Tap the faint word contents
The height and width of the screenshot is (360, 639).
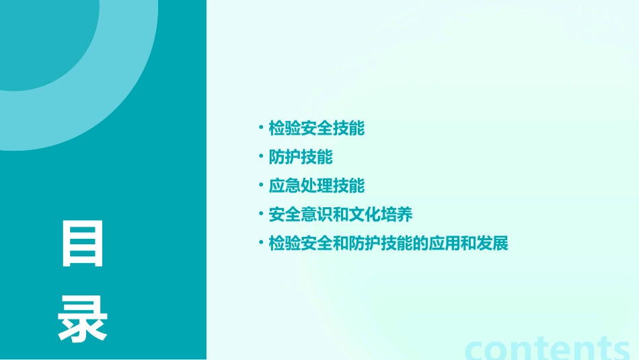[546, 349]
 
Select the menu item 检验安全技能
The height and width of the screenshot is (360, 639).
[316, 129]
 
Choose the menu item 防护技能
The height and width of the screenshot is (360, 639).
[301, 157]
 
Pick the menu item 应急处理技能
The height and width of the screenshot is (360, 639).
[316, 186]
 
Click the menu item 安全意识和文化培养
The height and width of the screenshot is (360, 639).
[340, 215]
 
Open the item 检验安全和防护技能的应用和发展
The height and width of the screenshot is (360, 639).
[388, 244]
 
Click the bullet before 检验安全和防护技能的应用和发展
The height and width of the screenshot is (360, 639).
[260, 242]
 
